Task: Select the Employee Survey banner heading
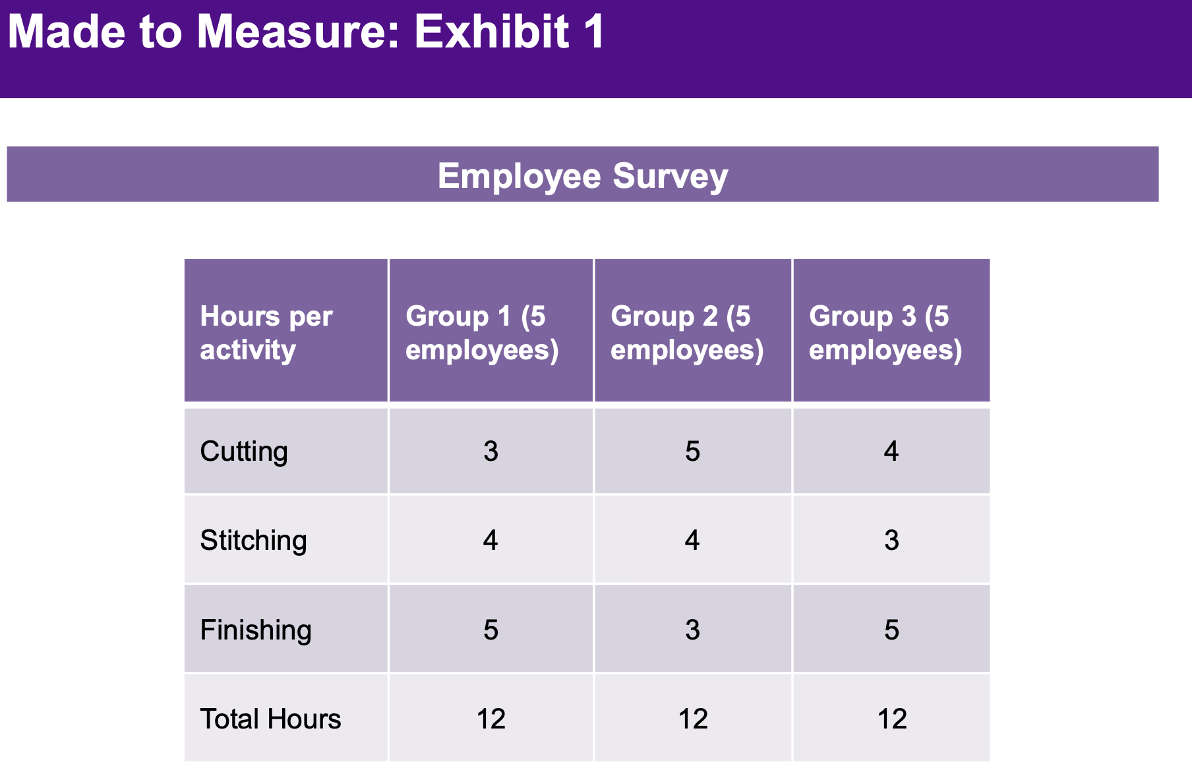(x=583, y=176)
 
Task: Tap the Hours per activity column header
(x=266, y=333)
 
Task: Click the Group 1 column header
(x=482, y=333)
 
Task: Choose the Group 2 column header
(x=687, y=333)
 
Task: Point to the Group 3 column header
(x=885, y=333)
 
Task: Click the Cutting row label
(x=244, y=452)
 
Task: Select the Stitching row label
(x=253, y=541)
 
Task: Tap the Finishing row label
(x=256, y=630)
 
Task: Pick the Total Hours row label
(x=270, y=719)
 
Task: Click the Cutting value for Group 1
(x=491, y=452)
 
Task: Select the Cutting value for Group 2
(x=692, y=452)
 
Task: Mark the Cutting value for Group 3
(x=891, y=452)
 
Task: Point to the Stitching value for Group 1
(x=491, y=541)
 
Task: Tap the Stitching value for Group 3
(x=891, y=541)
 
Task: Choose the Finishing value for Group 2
(x=692, y=630)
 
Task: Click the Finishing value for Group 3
(x=891, y=630)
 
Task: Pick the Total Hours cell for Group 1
(x=491, y=719)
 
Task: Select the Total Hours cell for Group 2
(x=693, y=719)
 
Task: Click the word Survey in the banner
(x=670, y=176)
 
